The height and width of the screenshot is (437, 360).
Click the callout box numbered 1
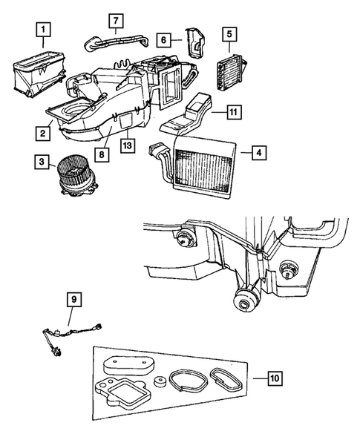coord(43,30)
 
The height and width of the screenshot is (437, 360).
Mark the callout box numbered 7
coord(117,19)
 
